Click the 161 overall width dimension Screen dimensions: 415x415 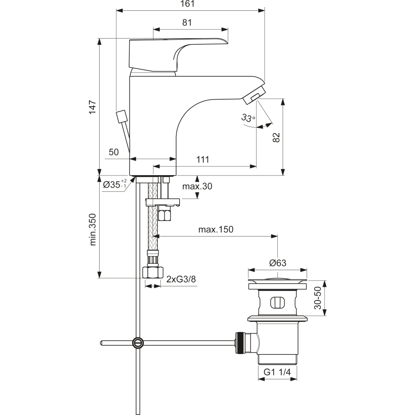(x=188, y=4)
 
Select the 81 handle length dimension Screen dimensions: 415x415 (x=187, y=22)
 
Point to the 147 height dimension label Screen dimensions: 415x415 (x=93, y=107)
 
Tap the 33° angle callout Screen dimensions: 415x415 (x=248, y=117)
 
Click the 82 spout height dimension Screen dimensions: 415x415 (x=276, y=137)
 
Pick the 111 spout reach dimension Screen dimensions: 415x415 (x=203, y=159)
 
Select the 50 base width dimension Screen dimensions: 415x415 (x=114, y=152)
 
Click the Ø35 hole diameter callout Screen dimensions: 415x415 (x=115, y=184)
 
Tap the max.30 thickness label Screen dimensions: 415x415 (x=197, y=186)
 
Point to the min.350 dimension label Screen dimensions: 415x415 (x=93, y=229)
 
